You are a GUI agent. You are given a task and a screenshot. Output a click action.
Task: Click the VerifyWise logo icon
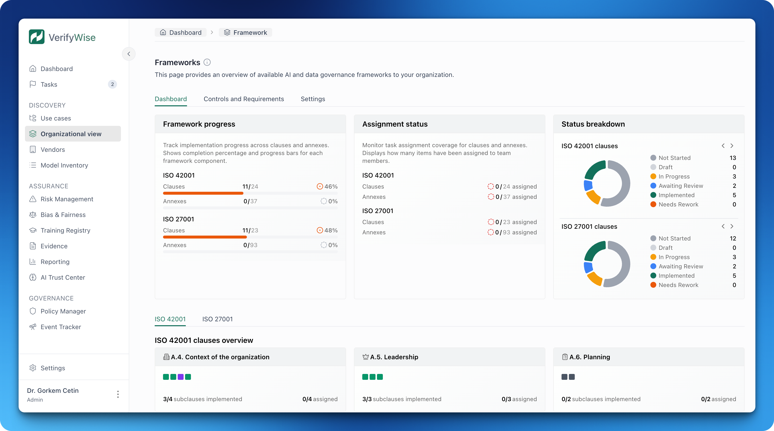point(36,37)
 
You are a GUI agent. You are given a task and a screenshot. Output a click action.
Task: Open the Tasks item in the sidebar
point(49,84)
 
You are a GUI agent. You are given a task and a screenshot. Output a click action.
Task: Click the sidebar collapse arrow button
point(129,54)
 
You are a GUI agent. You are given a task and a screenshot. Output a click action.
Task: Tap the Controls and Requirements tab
point(243,99)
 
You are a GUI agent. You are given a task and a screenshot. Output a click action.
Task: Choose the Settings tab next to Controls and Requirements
point(313,99)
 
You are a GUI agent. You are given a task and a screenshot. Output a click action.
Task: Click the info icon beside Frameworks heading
point(207,62)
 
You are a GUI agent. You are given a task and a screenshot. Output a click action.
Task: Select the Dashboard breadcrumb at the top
point(181,33)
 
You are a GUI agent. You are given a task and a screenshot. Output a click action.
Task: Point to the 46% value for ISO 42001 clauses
point(330,186)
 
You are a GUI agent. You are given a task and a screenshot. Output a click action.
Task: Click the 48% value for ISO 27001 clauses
point(330,230)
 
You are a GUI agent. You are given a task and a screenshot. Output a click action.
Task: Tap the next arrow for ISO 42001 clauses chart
point(732,146)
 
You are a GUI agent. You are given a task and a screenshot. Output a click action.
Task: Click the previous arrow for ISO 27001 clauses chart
point(723,226)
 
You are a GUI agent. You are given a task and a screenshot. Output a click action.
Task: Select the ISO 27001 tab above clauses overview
point(217,319)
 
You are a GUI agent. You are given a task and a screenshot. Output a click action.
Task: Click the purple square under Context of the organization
point(181,377)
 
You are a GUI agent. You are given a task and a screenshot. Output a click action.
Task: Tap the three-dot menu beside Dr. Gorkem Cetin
point(118,394)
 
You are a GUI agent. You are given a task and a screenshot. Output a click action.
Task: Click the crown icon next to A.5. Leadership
point(365,357)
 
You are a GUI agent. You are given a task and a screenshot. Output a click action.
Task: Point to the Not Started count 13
point(733,158)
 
